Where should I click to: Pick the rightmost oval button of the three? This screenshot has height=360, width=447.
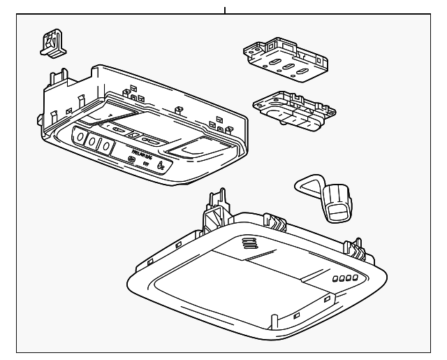pyautogui.click(x=105, y=146)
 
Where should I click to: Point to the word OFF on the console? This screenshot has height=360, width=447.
pyautogui.click(x=147, y=164)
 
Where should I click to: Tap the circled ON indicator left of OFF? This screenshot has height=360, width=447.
pyautogui.click(x=132, y=160)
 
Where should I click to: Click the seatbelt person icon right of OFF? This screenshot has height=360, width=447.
pyautogui.click(x=161, y=166)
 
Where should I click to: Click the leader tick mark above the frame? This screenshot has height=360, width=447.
pyautogui.click(x=225, y=9)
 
